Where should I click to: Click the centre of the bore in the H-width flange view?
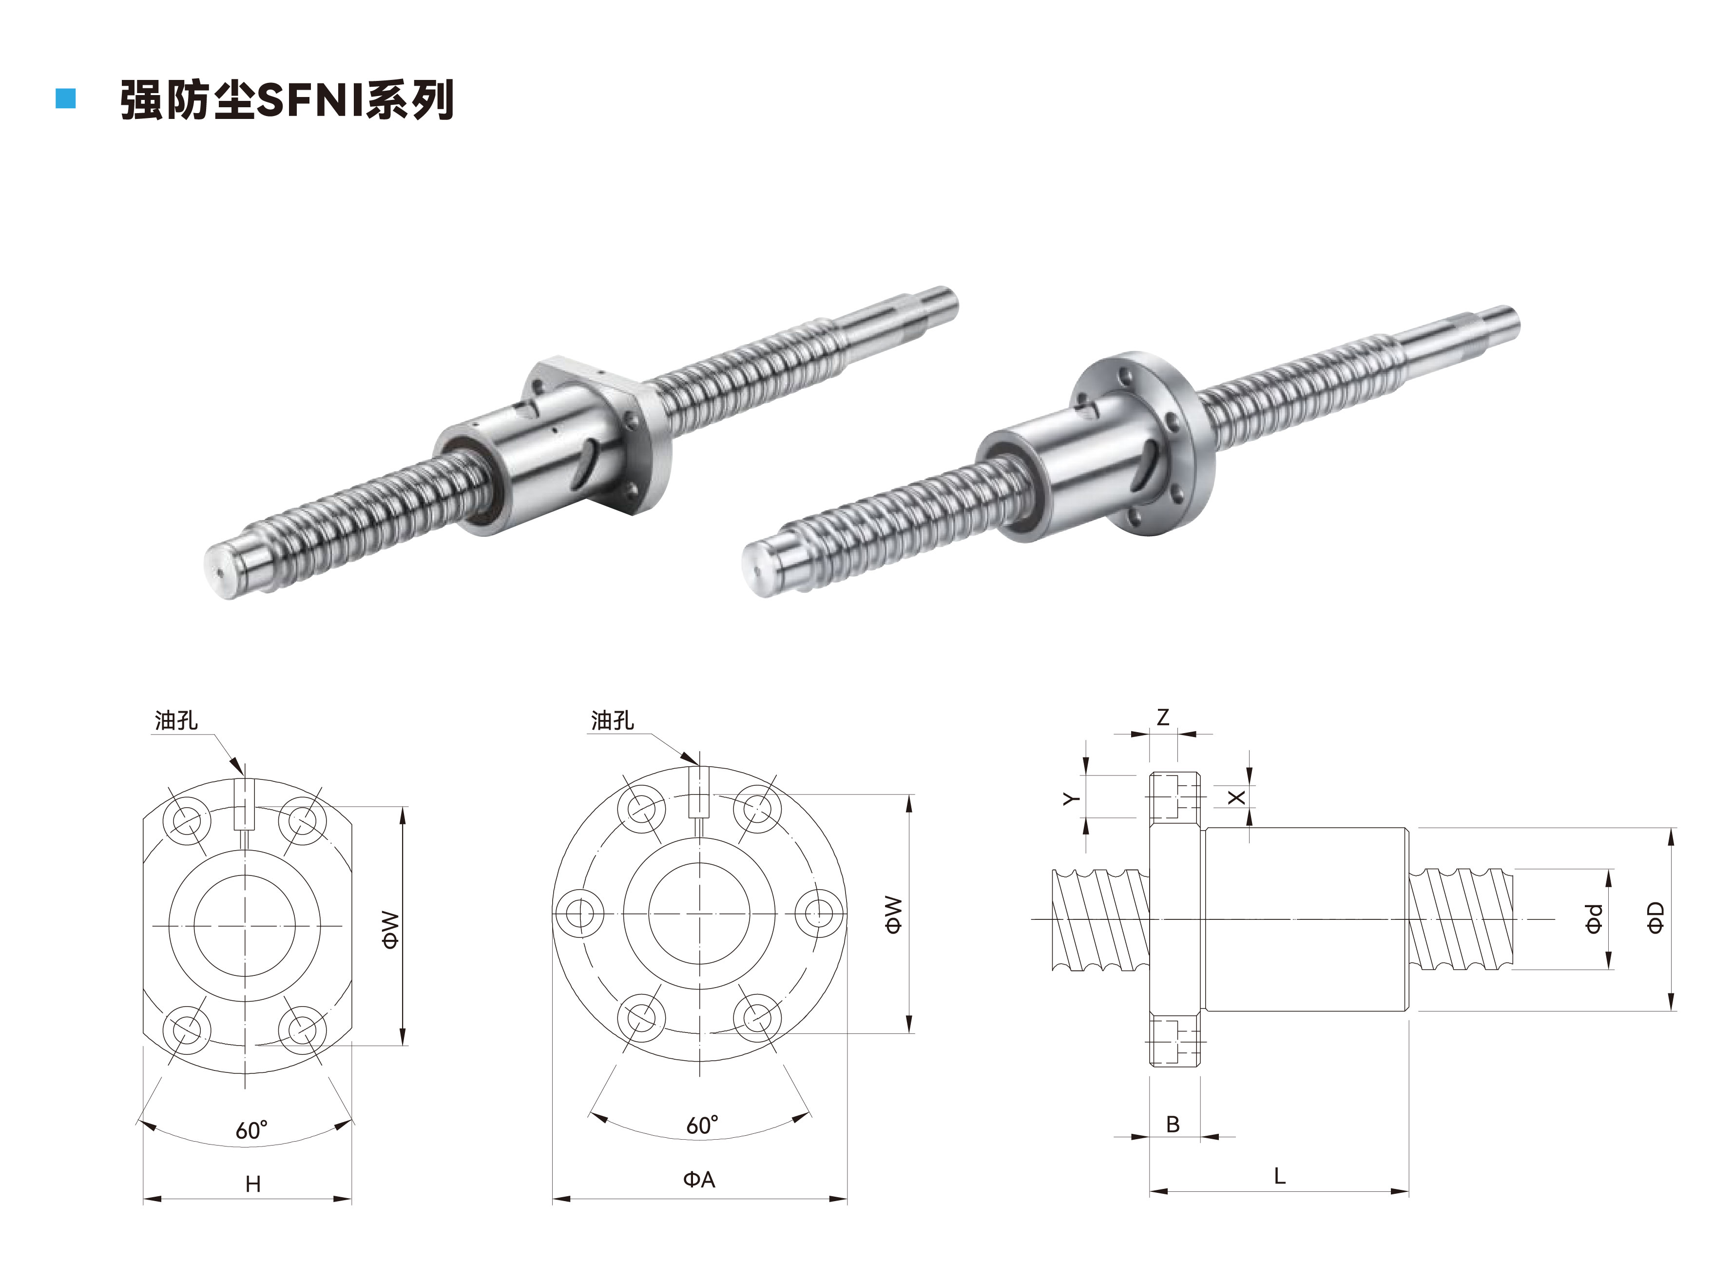(x=245, y=926)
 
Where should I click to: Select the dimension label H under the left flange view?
(x=253, y=1184)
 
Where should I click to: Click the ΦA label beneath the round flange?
(x=699, y=1180)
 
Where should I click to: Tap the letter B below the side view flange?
(x=1173, y=1124)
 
